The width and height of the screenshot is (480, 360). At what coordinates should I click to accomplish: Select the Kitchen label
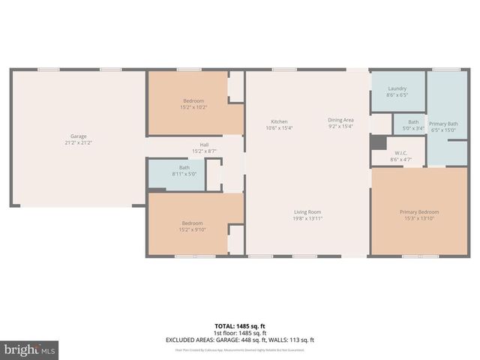tap(279, 121)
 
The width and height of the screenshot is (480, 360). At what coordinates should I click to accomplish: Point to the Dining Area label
tap(340, 120)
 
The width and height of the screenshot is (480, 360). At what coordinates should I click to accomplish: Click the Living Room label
tap(307, 212)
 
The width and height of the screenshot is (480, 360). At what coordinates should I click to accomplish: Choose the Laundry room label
tap(397, 88)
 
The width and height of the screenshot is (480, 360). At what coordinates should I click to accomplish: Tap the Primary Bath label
tap(442, 124)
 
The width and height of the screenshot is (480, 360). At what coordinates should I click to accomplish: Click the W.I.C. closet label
tap(400, 152)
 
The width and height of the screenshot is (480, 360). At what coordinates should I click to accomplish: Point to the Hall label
tap(204, 145)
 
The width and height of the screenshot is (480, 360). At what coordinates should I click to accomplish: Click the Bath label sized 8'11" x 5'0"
tap(184, 168)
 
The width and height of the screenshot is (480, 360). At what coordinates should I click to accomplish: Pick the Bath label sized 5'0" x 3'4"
tap(413, 122)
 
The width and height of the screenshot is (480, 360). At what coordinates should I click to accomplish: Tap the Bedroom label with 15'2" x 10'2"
tap(193, 101)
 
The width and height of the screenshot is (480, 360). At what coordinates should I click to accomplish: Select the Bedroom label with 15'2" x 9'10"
tap(193, 223)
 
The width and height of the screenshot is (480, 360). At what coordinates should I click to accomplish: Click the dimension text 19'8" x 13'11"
tap(307, 218)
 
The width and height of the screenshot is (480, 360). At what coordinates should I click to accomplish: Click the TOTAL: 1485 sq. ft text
tap(240, 325)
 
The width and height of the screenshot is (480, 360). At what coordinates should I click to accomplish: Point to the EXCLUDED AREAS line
tap(240, 340)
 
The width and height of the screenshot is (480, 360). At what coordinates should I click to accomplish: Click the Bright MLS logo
tap(30, 349)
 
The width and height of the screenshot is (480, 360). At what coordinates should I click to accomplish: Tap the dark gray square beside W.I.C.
tap(378, 142)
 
